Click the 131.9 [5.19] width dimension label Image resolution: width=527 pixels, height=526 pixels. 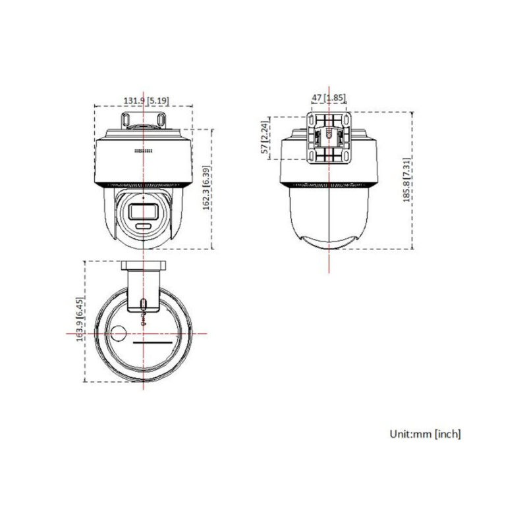[x=147, y=100]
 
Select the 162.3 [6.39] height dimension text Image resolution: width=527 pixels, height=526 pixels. [x=207, y=188]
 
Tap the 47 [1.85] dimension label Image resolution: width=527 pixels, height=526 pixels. [x=328, y=97]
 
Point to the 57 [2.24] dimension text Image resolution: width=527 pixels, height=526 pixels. [x=265, y=138]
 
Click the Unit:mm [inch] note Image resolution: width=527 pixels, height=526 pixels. [x=425, y=434]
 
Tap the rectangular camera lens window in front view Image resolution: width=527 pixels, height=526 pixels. [x=142, y=211]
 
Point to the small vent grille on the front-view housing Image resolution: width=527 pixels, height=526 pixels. [x=143, y=151]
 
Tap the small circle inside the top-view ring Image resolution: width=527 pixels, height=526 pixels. [x=119, y=334]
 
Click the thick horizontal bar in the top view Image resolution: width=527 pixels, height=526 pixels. [x=153, y=343]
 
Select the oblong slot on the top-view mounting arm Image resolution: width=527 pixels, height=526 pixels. [x=144, y=303]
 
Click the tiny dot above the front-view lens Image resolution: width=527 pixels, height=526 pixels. [x=142, y=197]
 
